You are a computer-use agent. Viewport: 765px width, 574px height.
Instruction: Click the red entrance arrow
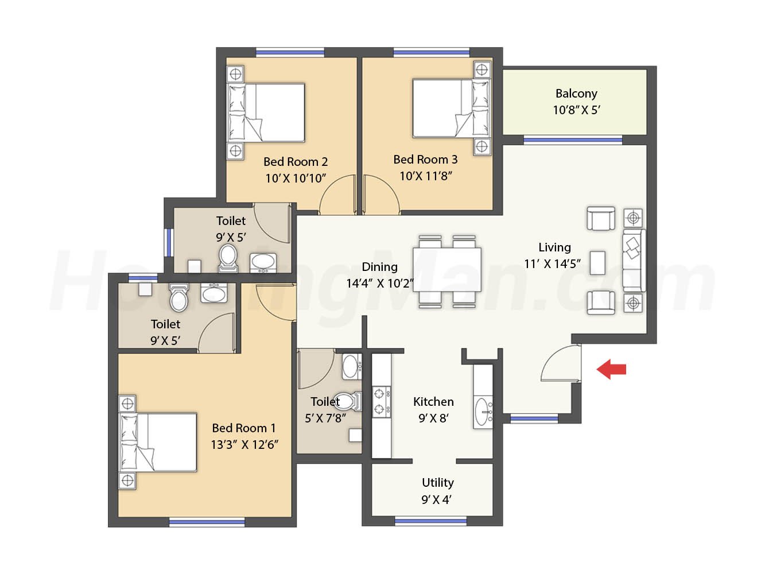click(611, 369)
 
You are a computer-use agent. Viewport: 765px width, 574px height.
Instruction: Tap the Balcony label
click(576, 94)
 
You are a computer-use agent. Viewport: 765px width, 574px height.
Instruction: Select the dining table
click(447, 269)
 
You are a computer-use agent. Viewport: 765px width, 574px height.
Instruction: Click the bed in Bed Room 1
click(158, 442)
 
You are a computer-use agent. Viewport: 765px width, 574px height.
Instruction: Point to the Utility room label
click(438, 483)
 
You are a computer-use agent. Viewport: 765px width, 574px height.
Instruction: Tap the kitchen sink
click(483, 412)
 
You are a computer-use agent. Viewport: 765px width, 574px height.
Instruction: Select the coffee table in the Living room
click(597, 263)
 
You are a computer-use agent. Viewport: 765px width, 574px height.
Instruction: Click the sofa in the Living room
click(634, 261)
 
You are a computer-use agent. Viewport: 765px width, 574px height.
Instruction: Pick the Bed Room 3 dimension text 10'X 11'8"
click(426, 176)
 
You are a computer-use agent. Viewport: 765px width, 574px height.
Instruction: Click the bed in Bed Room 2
click(266, 113)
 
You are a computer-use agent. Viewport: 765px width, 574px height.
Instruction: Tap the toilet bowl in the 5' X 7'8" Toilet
click(348, 401)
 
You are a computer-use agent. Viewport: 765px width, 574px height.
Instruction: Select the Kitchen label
click(433, 401)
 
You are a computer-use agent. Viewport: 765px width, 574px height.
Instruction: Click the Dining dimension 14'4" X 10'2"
click(379, 284)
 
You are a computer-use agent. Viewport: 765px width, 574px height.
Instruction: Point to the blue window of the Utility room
click(430, 521)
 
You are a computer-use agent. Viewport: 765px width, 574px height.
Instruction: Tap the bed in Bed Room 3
click(451, 108)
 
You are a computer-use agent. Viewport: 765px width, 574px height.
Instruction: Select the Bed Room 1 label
click(243, 428)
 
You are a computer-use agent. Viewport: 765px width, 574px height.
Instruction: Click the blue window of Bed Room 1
click(207, 522)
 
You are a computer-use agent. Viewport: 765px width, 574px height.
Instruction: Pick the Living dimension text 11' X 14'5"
click(553, 264)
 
